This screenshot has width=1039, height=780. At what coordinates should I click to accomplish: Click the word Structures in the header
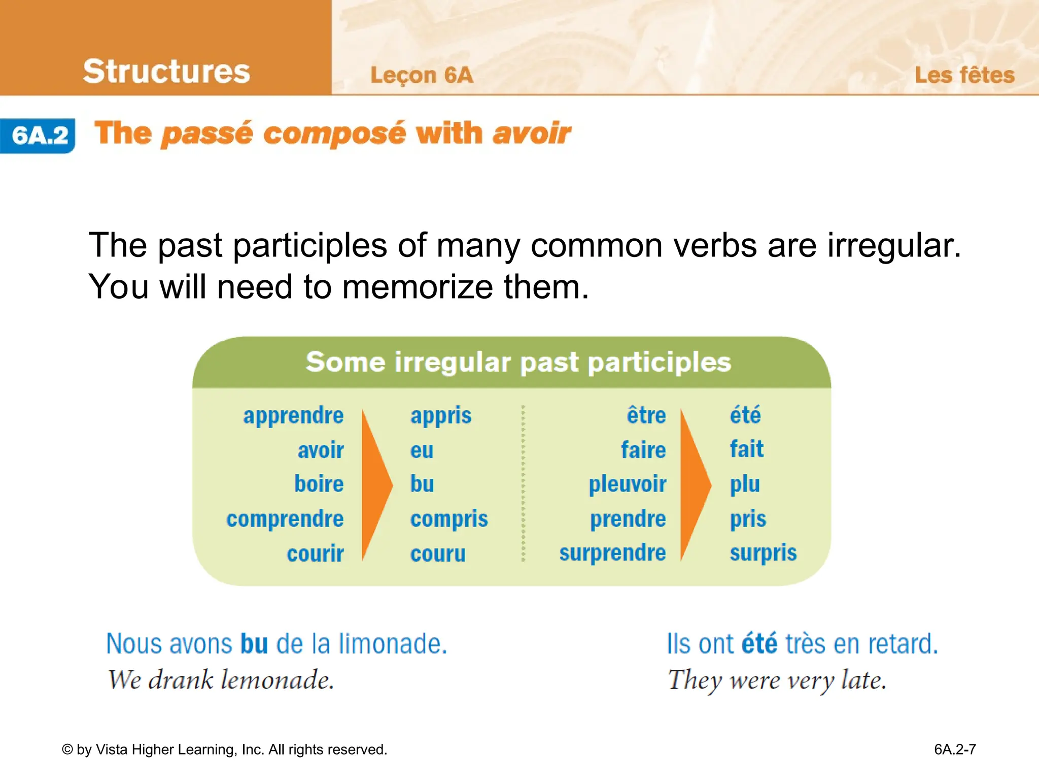166,71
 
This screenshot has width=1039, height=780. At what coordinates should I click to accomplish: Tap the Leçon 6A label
422,76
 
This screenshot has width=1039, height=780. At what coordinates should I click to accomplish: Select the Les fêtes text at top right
964,75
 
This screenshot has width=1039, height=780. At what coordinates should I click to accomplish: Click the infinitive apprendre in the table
293,416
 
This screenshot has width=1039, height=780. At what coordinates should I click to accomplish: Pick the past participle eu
422,450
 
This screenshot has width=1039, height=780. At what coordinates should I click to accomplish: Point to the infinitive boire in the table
319,484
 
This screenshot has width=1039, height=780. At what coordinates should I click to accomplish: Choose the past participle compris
448,519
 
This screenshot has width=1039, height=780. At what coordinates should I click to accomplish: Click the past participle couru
437,554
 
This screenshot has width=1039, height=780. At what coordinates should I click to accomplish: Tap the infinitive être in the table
646,415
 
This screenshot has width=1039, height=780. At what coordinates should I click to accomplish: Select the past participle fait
746,449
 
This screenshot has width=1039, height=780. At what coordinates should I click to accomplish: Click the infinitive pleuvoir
627,484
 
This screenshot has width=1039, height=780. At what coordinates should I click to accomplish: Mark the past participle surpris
763,553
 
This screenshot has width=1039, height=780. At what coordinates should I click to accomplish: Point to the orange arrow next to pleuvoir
695,485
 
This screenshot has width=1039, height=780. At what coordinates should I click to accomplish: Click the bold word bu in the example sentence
254,644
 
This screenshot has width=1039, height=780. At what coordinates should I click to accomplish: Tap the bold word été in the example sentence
759,644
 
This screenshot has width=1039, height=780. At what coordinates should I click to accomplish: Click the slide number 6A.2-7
955,750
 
